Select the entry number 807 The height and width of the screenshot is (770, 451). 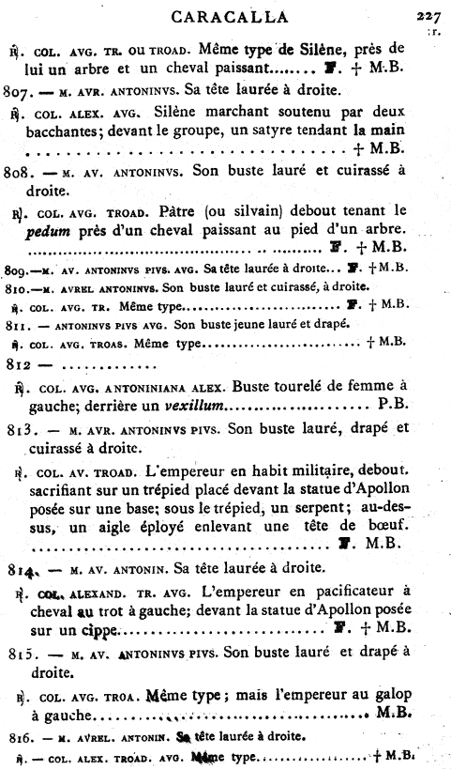click(22, 91)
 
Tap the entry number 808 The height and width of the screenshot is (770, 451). click(22, 172)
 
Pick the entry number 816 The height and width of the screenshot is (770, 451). click(20, 737)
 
